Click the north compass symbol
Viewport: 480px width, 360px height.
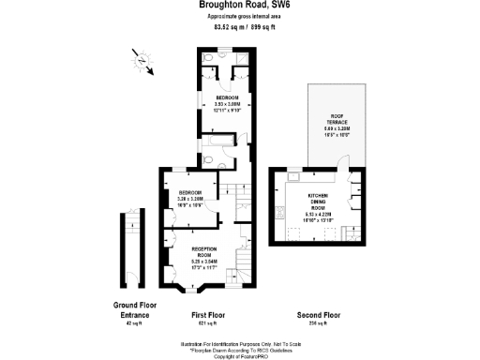[x=141, y=61]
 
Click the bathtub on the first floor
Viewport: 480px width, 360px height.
[x=222, y=141]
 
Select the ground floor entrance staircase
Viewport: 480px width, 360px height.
[x=131, y=248]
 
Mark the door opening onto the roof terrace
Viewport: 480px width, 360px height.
[x=347, y=176]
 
